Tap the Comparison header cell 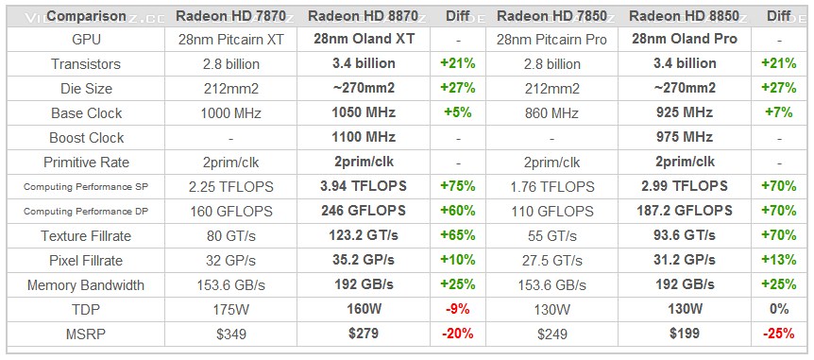[86, 15]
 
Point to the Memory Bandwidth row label [86, 284]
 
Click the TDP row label [86, 309]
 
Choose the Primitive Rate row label [86, 162]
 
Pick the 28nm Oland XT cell [364, 39]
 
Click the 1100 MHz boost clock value [364, 137]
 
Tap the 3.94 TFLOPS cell [364, 186]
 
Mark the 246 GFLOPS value [364, 211]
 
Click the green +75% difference [457, 186]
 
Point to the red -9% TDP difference [457, 309]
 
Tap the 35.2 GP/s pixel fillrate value [364, 260]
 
